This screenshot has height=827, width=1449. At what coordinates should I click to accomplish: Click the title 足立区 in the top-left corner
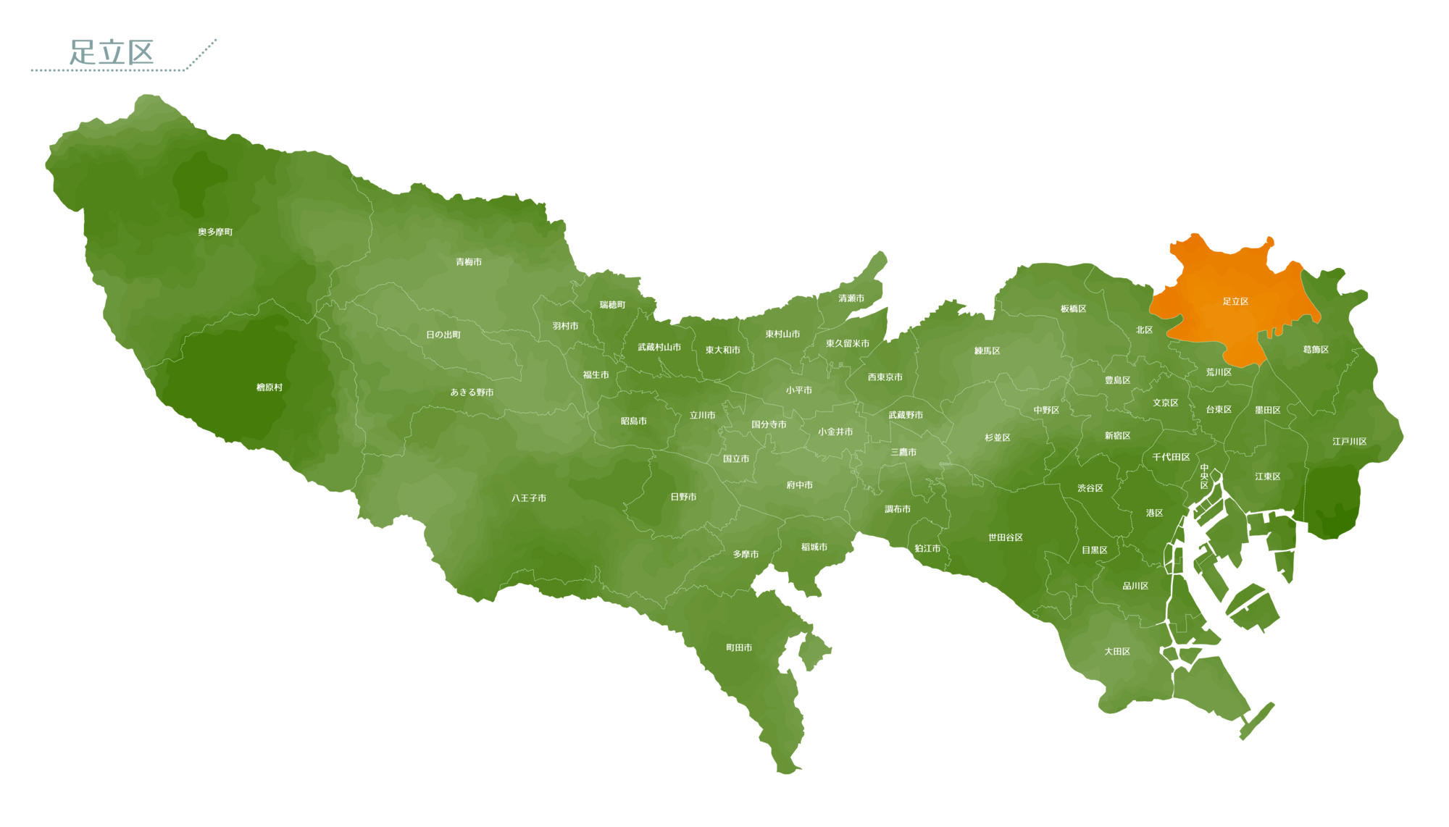coord(112,53)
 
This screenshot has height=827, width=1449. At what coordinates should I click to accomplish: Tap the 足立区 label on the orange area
coord(1235,301)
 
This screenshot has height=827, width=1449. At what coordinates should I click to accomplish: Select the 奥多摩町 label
coord(215,232)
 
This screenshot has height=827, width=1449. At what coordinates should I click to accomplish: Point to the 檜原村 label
coord(270,387)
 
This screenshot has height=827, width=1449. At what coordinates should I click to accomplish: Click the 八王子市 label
coord(529,498)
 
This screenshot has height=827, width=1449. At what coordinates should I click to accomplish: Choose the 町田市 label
coord(739,647)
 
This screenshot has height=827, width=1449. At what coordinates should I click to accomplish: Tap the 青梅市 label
coord(469,262)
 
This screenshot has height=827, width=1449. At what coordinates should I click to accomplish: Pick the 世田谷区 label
coord(1006,537)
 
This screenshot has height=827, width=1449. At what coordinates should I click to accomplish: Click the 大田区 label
coord(1117,651)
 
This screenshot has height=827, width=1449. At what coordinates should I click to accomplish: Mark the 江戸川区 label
coord(1349,441)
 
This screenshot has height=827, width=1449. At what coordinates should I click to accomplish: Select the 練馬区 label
coord(987,351)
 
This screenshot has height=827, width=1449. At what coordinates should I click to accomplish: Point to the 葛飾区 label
coord(1316,349)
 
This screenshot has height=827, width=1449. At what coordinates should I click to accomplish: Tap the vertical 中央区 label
coord(1204,477)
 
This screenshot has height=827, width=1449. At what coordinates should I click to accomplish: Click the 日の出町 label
coord(443,335)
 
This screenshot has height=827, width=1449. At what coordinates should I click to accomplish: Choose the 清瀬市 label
coord(851,298)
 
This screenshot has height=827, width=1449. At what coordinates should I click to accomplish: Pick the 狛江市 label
coord(927,548)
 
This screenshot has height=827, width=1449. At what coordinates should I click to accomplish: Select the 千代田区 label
coord(1171,457)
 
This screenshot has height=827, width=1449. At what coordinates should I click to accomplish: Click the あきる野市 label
coord(472,392)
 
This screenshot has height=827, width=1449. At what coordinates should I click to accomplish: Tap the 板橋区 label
coord(1073,308)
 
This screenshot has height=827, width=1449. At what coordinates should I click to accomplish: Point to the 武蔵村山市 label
coord(659,347)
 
